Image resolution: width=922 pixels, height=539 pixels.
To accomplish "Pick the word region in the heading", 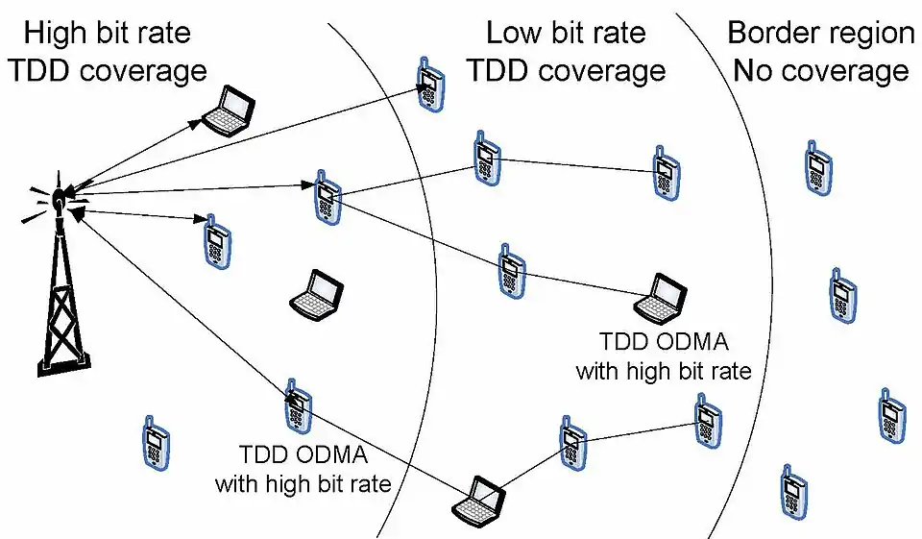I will [x=868, y=35].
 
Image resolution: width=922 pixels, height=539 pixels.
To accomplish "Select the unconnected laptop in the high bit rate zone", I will [x=317, y=294].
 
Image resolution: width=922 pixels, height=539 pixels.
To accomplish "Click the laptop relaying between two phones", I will [x=479, y=498].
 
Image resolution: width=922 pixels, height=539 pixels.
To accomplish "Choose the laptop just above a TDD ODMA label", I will [x=662, y=298].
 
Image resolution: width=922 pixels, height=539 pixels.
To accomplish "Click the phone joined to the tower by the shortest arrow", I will [x=218, y=240].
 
